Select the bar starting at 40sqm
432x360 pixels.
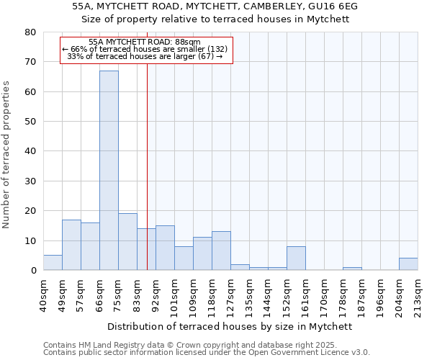point(53,263)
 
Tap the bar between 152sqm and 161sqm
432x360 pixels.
point(296,258)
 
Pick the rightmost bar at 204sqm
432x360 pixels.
point(408,264)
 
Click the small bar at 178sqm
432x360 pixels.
point(352,269)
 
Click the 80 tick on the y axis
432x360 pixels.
point(30,32)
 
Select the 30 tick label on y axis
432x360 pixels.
point(30,181)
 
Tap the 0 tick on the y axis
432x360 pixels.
point(33,271)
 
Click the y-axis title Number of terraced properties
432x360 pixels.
point(6,155)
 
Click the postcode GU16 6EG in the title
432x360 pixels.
point(332,6)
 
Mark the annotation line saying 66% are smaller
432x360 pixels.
point(145,49)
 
